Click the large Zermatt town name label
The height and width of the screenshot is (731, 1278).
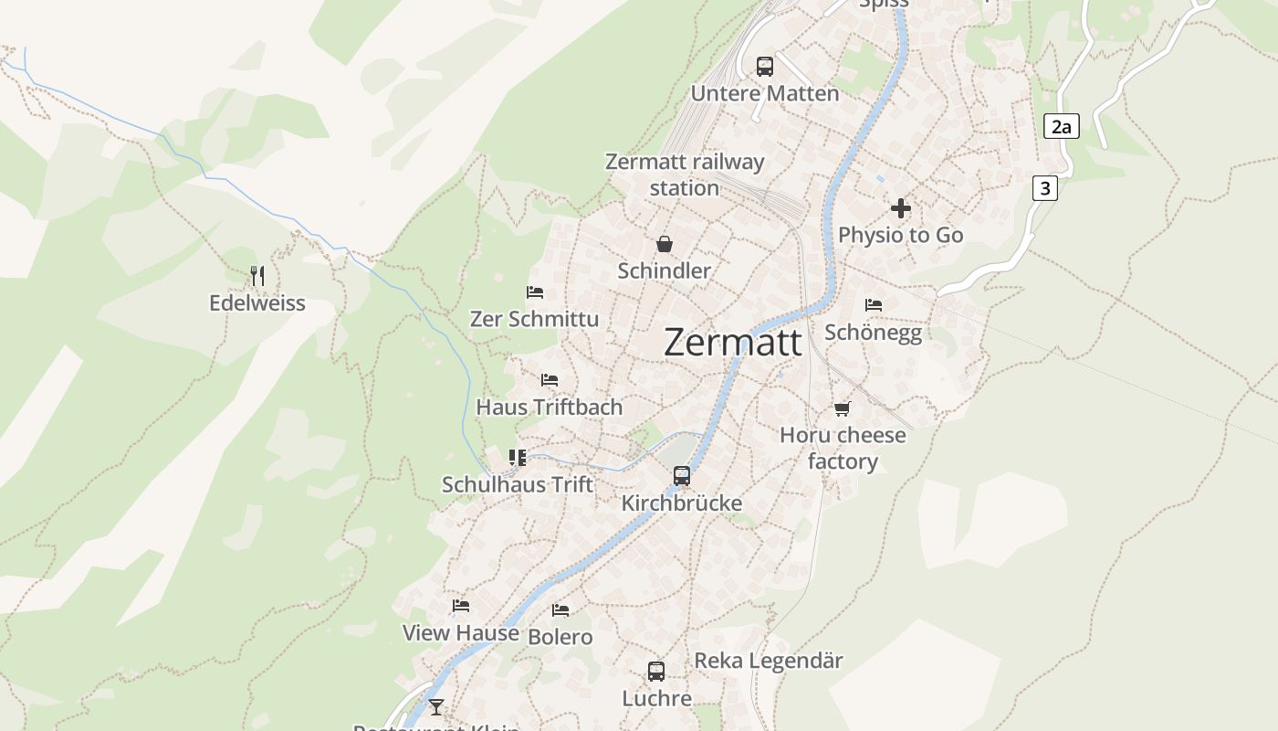pos(733,343)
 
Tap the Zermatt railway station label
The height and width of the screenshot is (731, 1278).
pos(685,175)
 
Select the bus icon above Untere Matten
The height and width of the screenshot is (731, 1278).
pos(765,66)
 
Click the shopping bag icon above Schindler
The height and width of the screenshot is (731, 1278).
pos(665,244)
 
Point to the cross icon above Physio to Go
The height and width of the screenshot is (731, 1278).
pos(901,208)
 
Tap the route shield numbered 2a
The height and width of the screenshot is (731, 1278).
pos(1061,126)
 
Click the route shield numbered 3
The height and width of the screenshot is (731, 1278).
pos(1045,188)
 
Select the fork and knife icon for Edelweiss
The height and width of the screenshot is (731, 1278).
pos(257,275)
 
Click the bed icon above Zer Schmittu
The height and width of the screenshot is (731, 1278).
pos(535,292)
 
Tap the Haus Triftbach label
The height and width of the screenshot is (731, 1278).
pos(550,407)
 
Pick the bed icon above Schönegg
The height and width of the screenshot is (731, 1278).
pos(874,305)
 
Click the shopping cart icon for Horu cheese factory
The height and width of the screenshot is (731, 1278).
pos(842,408)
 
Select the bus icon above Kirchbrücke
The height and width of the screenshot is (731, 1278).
pos(682,475)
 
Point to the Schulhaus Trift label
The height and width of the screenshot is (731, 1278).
pos(518,484)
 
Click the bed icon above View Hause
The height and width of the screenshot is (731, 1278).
pos(461,605)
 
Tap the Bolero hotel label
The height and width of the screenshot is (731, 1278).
pos(560,637)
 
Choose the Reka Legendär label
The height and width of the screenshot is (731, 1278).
pos(769,660)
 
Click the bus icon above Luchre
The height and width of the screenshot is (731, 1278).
pos(656,672)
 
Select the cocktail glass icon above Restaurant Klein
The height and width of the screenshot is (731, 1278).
pos(436,706)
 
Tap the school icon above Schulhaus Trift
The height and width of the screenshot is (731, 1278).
pos(518,457)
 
